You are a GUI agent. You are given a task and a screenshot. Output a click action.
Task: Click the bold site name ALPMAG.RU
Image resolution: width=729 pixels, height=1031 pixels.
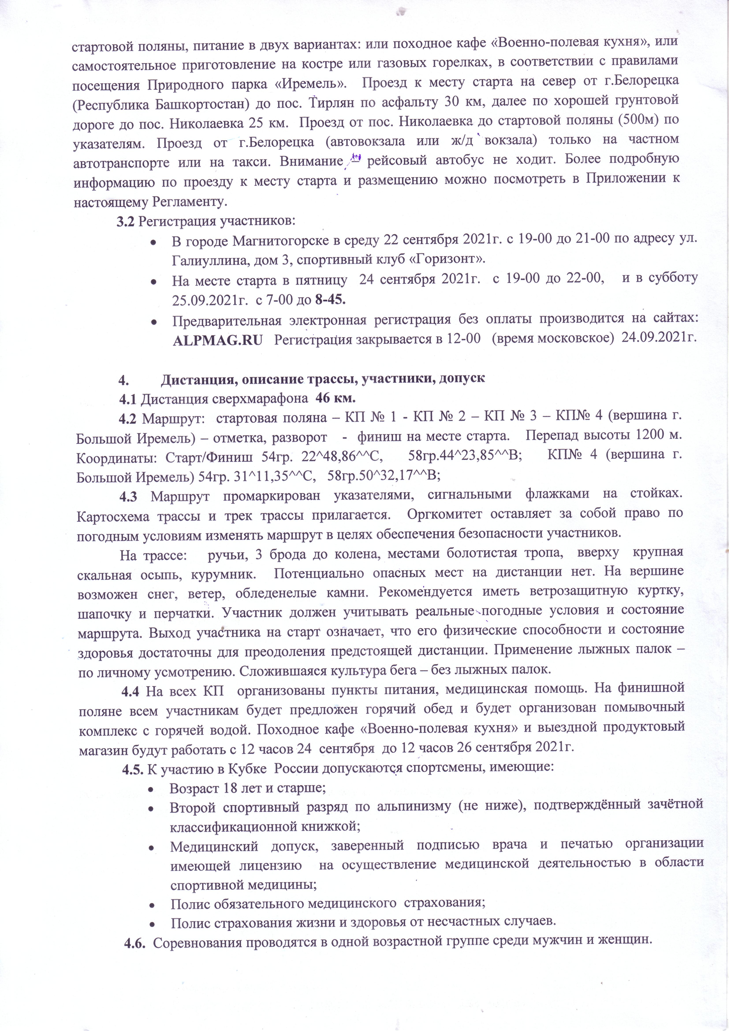(x=217, y=340)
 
